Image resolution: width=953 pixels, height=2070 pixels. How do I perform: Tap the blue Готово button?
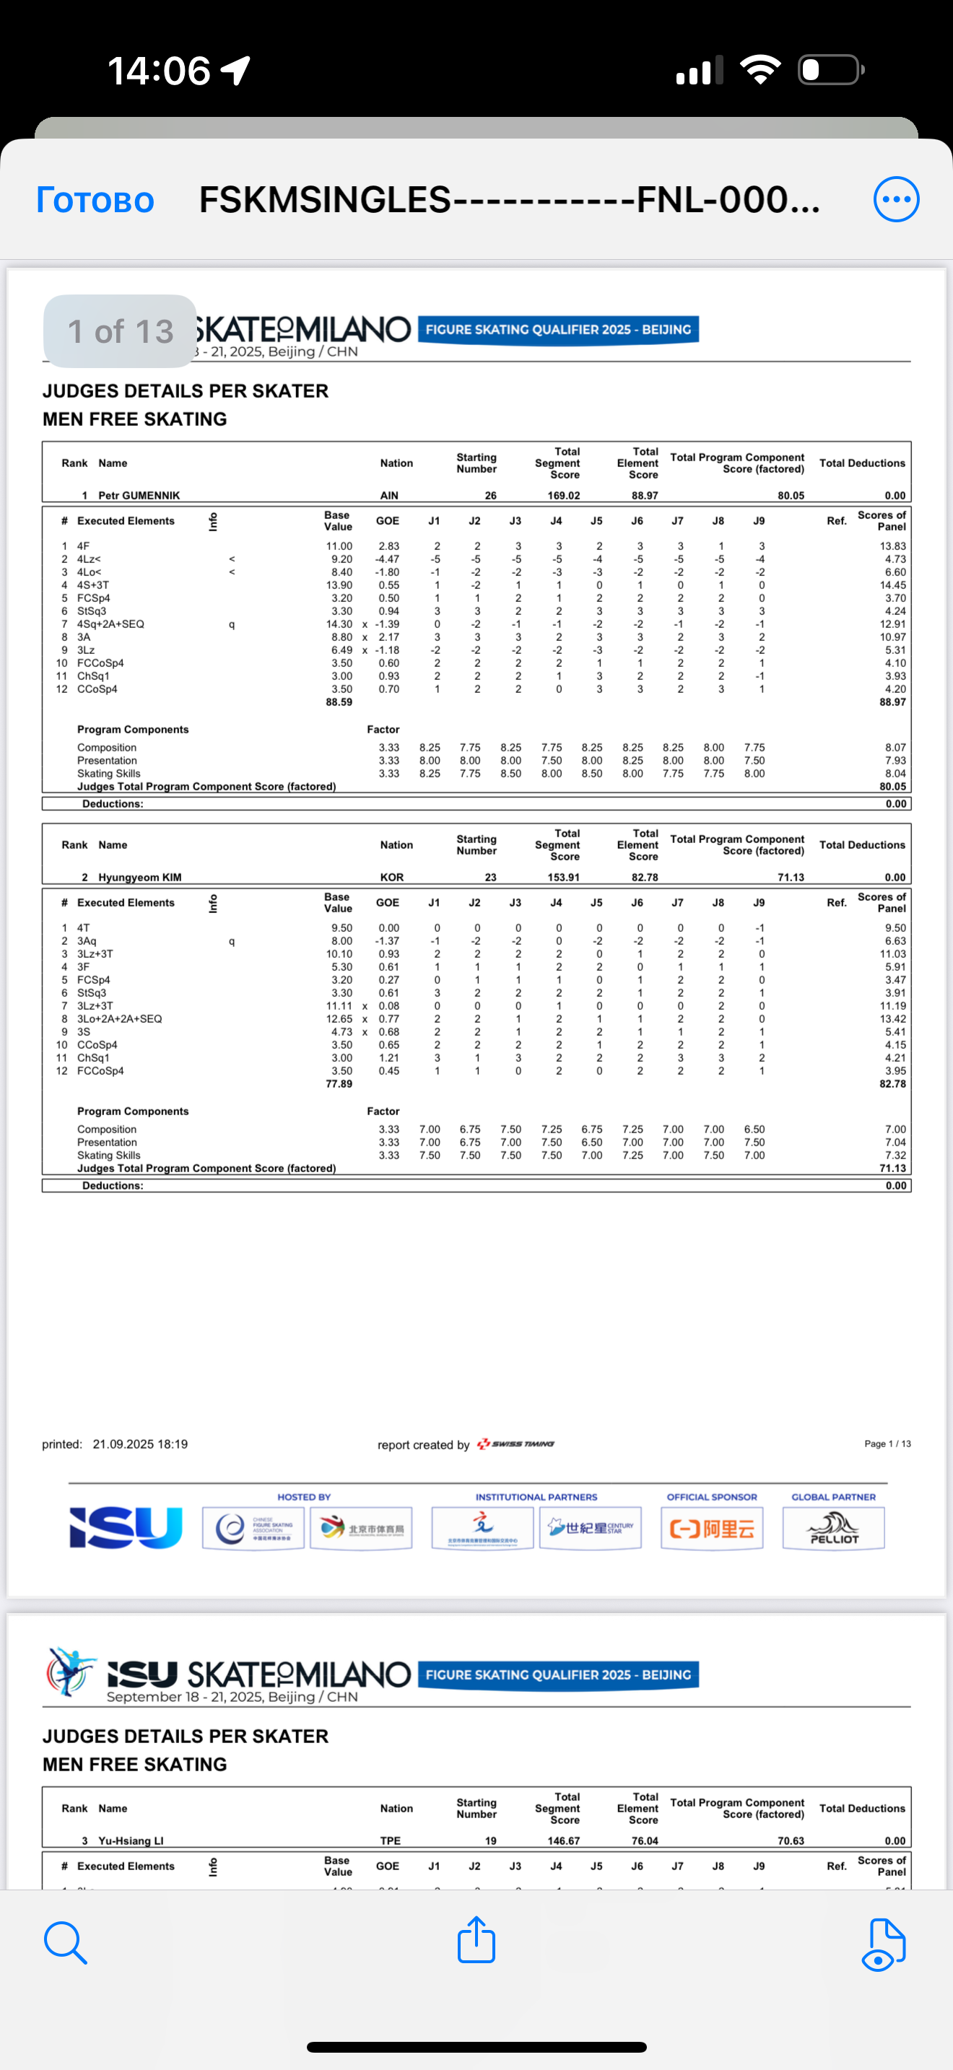click(x=95, y=199)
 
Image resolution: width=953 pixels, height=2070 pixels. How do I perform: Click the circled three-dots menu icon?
click(x=895, y=199)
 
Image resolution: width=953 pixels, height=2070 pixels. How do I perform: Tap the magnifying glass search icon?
click(x=65, y=1942)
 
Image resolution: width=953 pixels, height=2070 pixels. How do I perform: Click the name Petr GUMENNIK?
click(x=139, y=496)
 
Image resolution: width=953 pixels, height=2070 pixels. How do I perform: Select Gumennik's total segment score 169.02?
click(x=563, y=496)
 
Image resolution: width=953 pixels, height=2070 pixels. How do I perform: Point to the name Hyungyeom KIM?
click(x=140, y=878)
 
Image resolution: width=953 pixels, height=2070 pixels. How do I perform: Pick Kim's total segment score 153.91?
click(x=563, y=878)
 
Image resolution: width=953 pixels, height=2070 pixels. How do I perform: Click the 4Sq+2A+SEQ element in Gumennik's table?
click(x=111, y=624)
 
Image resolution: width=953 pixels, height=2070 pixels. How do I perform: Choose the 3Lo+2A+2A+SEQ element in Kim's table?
click(x=120, y=1019)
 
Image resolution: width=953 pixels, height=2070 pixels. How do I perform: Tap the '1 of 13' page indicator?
click(x=120, y=331)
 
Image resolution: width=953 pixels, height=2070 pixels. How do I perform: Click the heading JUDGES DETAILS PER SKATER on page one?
click(x=186, y=391)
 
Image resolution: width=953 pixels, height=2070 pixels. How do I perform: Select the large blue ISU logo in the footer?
click(x=126, y=1527)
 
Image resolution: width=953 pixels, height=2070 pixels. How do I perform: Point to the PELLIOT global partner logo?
click(x=834, y=1527)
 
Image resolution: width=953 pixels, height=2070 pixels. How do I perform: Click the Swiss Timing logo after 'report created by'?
click(x=516, y=1444)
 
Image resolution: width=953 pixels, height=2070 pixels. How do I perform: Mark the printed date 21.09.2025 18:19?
click(x=140, y=1444)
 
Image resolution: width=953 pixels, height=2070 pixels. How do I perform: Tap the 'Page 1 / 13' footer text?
click(x=887, y=1444)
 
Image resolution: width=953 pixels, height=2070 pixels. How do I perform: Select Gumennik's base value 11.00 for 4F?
click(x=339, y=546)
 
